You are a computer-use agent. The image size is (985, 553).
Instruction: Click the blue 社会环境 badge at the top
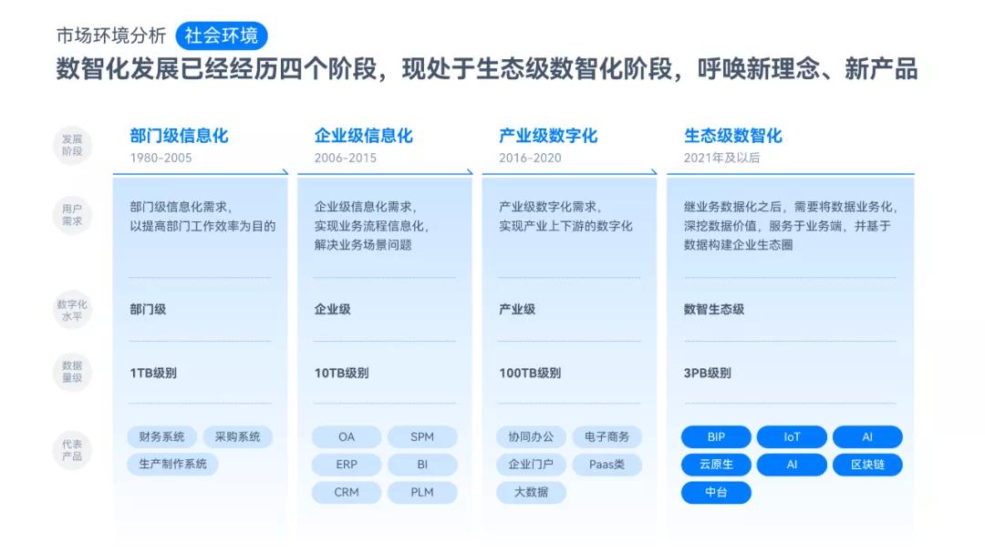coord(221,36)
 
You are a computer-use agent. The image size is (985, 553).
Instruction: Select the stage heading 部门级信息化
coord(179,136)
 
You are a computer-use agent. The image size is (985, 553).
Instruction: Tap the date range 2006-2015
coord(345,158)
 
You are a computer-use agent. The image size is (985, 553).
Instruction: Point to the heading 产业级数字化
coord(548,136)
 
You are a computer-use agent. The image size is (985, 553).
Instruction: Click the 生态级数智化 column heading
coord(733,136)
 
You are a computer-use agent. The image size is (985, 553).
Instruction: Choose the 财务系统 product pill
coord(161,437)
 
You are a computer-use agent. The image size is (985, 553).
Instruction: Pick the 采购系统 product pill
coord(237,437)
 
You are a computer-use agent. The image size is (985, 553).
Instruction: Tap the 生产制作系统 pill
coord(172,465)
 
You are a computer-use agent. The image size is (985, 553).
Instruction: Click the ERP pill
coord(347,465)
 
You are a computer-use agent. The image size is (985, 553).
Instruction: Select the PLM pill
coord(422,493)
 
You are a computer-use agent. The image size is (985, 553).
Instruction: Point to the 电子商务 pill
coord(607,437)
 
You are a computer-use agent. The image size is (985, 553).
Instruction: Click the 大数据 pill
coord(532,493)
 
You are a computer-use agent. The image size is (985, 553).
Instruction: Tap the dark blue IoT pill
coord(792,437)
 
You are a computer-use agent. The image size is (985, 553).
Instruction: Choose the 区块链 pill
coord(867,465)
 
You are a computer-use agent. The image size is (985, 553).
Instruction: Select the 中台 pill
coord(716,493)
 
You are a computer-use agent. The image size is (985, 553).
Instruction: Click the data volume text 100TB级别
coord(530,374)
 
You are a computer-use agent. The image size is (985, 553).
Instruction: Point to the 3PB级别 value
coord(707,374)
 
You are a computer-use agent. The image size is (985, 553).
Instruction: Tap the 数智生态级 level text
coord(714,310)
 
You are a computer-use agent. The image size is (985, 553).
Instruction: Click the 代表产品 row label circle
coord(72,450)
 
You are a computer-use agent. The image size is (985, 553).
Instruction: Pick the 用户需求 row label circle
coord(72,215)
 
